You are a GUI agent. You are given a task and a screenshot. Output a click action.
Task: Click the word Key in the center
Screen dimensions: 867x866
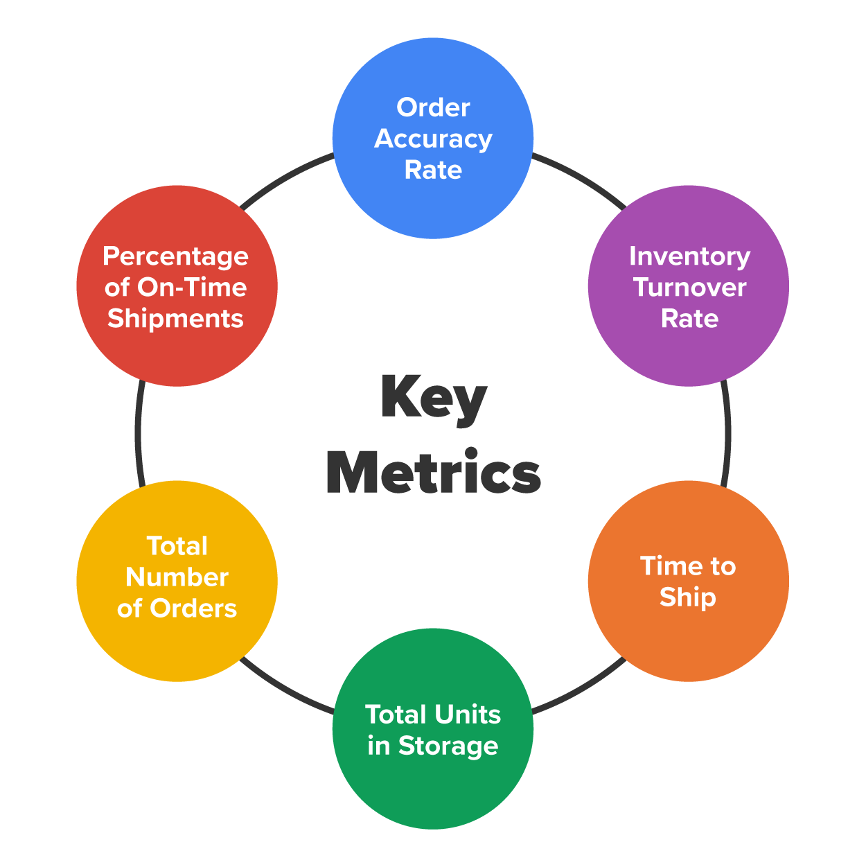coord(434,399)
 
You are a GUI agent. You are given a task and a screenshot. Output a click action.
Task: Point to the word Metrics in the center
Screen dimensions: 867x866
coord(433,473)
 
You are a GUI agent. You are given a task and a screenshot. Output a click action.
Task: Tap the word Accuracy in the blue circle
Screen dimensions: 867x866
coord(433,139)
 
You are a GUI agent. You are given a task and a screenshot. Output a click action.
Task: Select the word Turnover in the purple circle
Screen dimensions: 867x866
coord(690,288)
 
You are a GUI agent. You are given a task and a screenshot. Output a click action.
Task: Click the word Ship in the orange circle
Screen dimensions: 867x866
coord(687,597)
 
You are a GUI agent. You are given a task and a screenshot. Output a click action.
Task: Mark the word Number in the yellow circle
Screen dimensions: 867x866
coord(177,577)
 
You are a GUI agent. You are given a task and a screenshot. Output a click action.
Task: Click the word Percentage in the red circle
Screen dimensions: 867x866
coord(176,257)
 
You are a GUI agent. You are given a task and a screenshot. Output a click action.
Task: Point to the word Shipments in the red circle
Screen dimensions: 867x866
coord(176,319)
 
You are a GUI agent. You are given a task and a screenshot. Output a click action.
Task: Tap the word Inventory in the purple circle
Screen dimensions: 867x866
coord(689,256)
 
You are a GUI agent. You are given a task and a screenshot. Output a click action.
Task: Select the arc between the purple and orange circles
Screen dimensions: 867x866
coord(727,433)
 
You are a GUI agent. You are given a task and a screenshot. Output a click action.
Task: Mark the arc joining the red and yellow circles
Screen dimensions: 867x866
coord(139,433)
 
